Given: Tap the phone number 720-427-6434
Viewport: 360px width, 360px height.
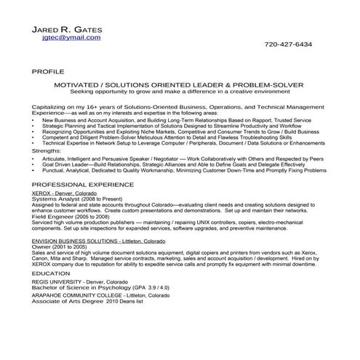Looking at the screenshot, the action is [x=288, y=44].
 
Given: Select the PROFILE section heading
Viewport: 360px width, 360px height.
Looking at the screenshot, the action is [x=49, y=73].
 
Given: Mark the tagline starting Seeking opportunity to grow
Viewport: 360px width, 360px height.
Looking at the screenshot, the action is [x=180, y=92].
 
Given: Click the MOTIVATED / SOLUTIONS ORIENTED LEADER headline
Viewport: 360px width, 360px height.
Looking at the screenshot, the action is [x=180, y=85].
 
